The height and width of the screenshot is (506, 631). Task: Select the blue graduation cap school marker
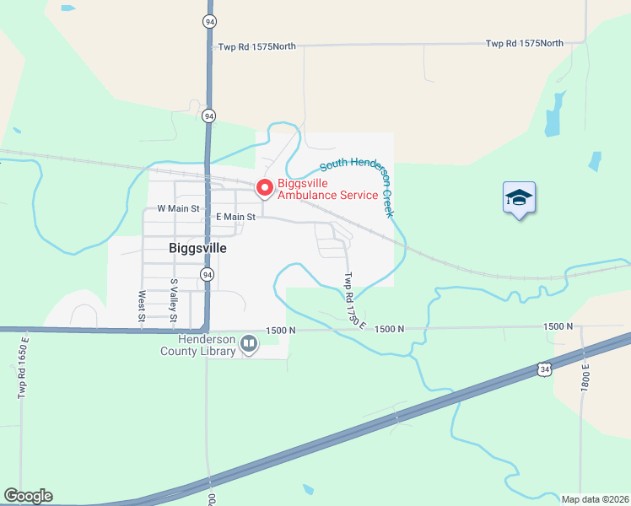[519, 198]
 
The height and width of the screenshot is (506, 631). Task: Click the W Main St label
[178, 207]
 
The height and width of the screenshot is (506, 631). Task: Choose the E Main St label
[235, 217]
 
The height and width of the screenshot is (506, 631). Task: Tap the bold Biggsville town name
[198, 249]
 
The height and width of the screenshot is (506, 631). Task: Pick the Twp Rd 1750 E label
[353, 299]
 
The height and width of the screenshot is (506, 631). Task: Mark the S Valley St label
[174, 301]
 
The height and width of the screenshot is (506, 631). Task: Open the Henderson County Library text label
[197, 345]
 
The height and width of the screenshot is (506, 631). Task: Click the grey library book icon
[249, 343]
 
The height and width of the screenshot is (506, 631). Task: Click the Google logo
[28, 496]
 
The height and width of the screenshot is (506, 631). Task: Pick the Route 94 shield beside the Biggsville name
[207, 274]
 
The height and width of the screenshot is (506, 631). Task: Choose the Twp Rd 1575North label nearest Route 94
[256, 46]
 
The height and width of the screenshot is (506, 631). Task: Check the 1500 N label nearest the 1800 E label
[558, 326]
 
